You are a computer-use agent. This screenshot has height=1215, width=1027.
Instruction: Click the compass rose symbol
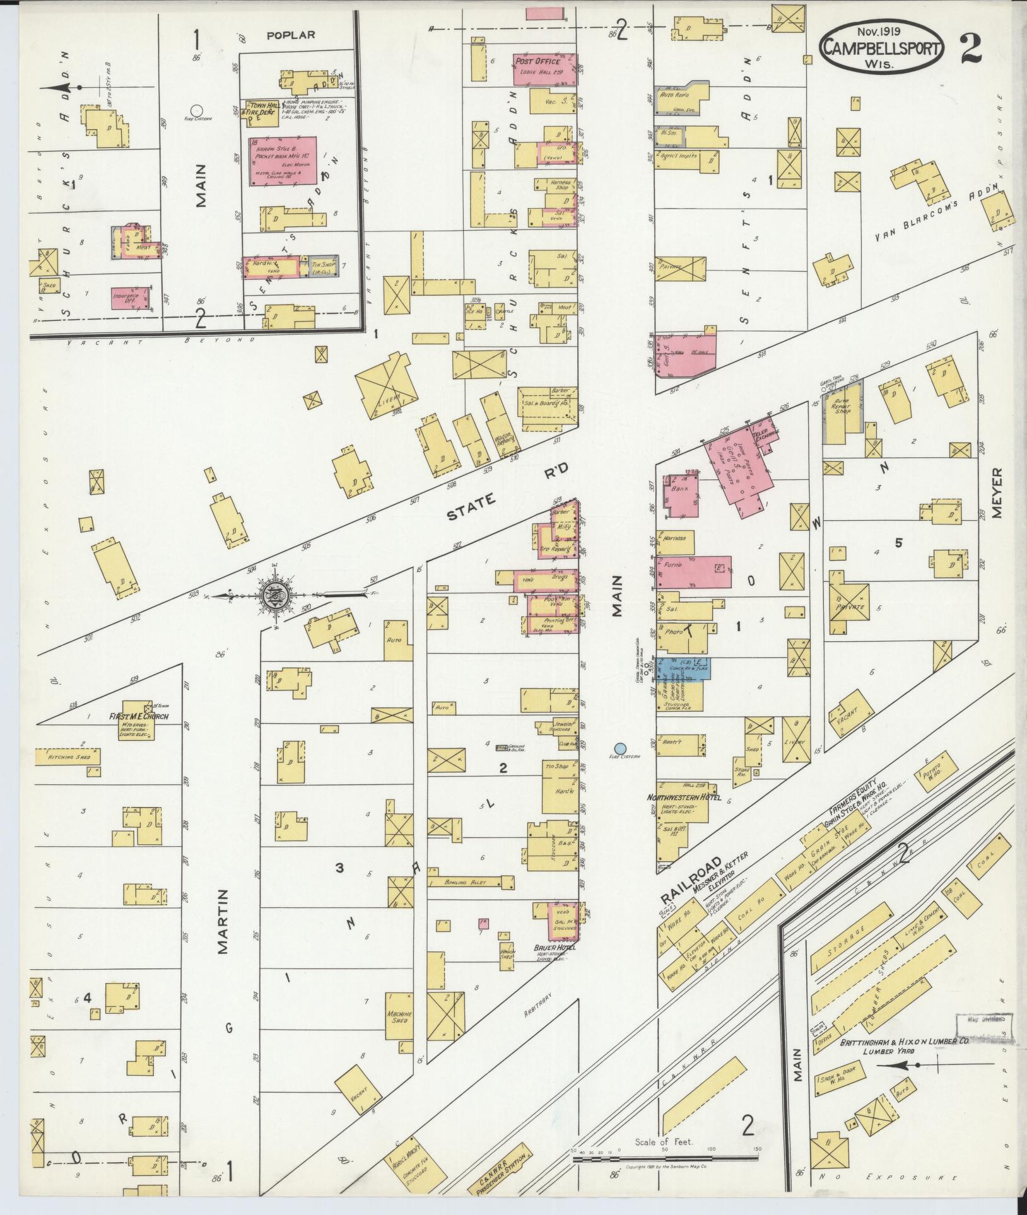pos(276,593)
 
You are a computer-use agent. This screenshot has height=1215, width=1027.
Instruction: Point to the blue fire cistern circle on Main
pos(619,748)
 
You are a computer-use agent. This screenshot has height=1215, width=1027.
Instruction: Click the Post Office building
pos(545,69)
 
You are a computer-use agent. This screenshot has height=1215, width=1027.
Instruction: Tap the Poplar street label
pos(290,35)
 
